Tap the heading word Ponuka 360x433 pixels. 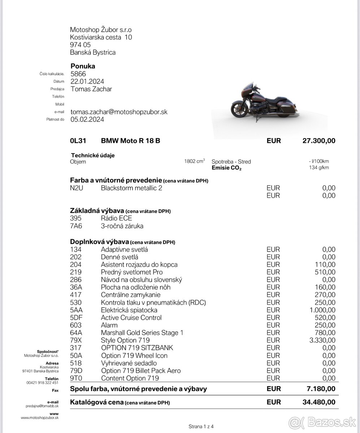click(83, 66)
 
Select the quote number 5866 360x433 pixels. click(78, 74)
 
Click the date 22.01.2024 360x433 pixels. click(87, 82)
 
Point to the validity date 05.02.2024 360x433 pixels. click(87, 119)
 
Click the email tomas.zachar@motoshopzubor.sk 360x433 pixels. click(119, 112)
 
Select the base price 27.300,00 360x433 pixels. click(318, 141)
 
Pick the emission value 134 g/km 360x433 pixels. click(319, 167)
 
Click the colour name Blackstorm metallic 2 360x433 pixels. click(131, 188)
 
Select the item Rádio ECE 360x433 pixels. click(116, 218)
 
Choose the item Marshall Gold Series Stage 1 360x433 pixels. click(142, 333)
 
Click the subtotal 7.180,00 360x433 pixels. click(320, 389)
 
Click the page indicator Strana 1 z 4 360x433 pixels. click(201, 427)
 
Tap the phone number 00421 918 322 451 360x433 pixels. click(42, 382)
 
